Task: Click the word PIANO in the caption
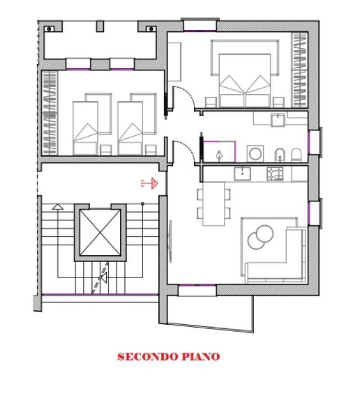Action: click(x=201, y=356)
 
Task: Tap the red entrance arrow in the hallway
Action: click(x=149, y=183)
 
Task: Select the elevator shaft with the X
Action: click(x=100, y=233)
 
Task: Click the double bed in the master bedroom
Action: click(x=245, y=80)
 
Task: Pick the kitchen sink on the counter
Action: click(x=242, y=174)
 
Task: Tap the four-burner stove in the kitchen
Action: click(x=275, y=174)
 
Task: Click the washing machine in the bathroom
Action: click(x=255, y=153)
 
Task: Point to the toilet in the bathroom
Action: click(x=296, y=155)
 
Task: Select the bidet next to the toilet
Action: click(x=280, y=155)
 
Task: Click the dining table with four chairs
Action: click(x=213, y=204)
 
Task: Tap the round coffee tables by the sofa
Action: click(x=260, y=237)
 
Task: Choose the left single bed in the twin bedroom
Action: click(x=85, y=128)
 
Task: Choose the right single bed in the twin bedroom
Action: click(x=130, y=128)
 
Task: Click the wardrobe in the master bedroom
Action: click(x=299, y=70)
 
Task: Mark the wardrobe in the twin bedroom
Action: click(x=50, y=113)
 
